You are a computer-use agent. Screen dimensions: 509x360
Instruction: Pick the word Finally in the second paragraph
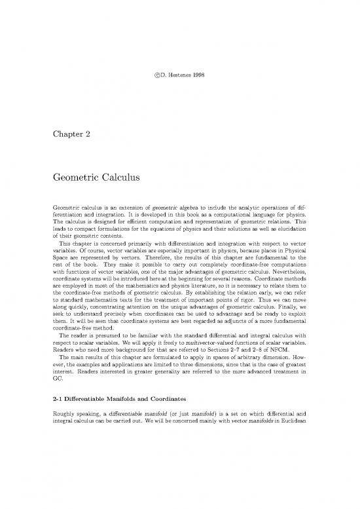(274, 306)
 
